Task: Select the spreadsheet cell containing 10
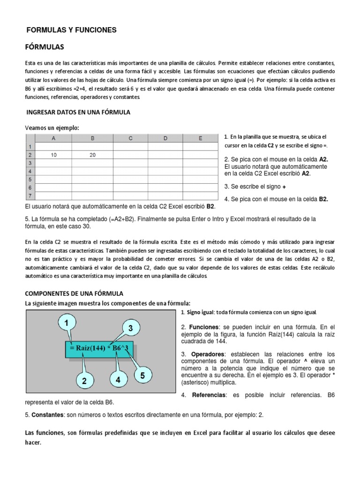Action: [54, 154]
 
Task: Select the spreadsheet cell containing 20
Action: [92, 154]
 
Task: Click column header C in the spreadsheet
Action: [131, 138]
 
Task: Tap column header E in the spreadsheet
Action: [201, 138]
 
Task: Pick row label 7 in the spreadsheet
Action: [30, 196]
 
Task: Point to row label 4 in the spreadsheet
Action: [30, 171]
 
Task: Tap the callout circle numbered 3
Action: [131, 328]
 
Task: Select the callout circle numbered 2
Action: [84, 382]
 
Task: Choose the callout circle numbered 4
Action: [118, 380]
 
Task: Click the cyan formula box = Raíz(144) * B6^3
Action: [98, 348]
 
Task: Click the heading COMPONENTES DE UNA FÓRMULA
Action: [74, 293]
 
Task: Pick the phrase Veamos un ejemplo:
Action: [52, 128]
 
